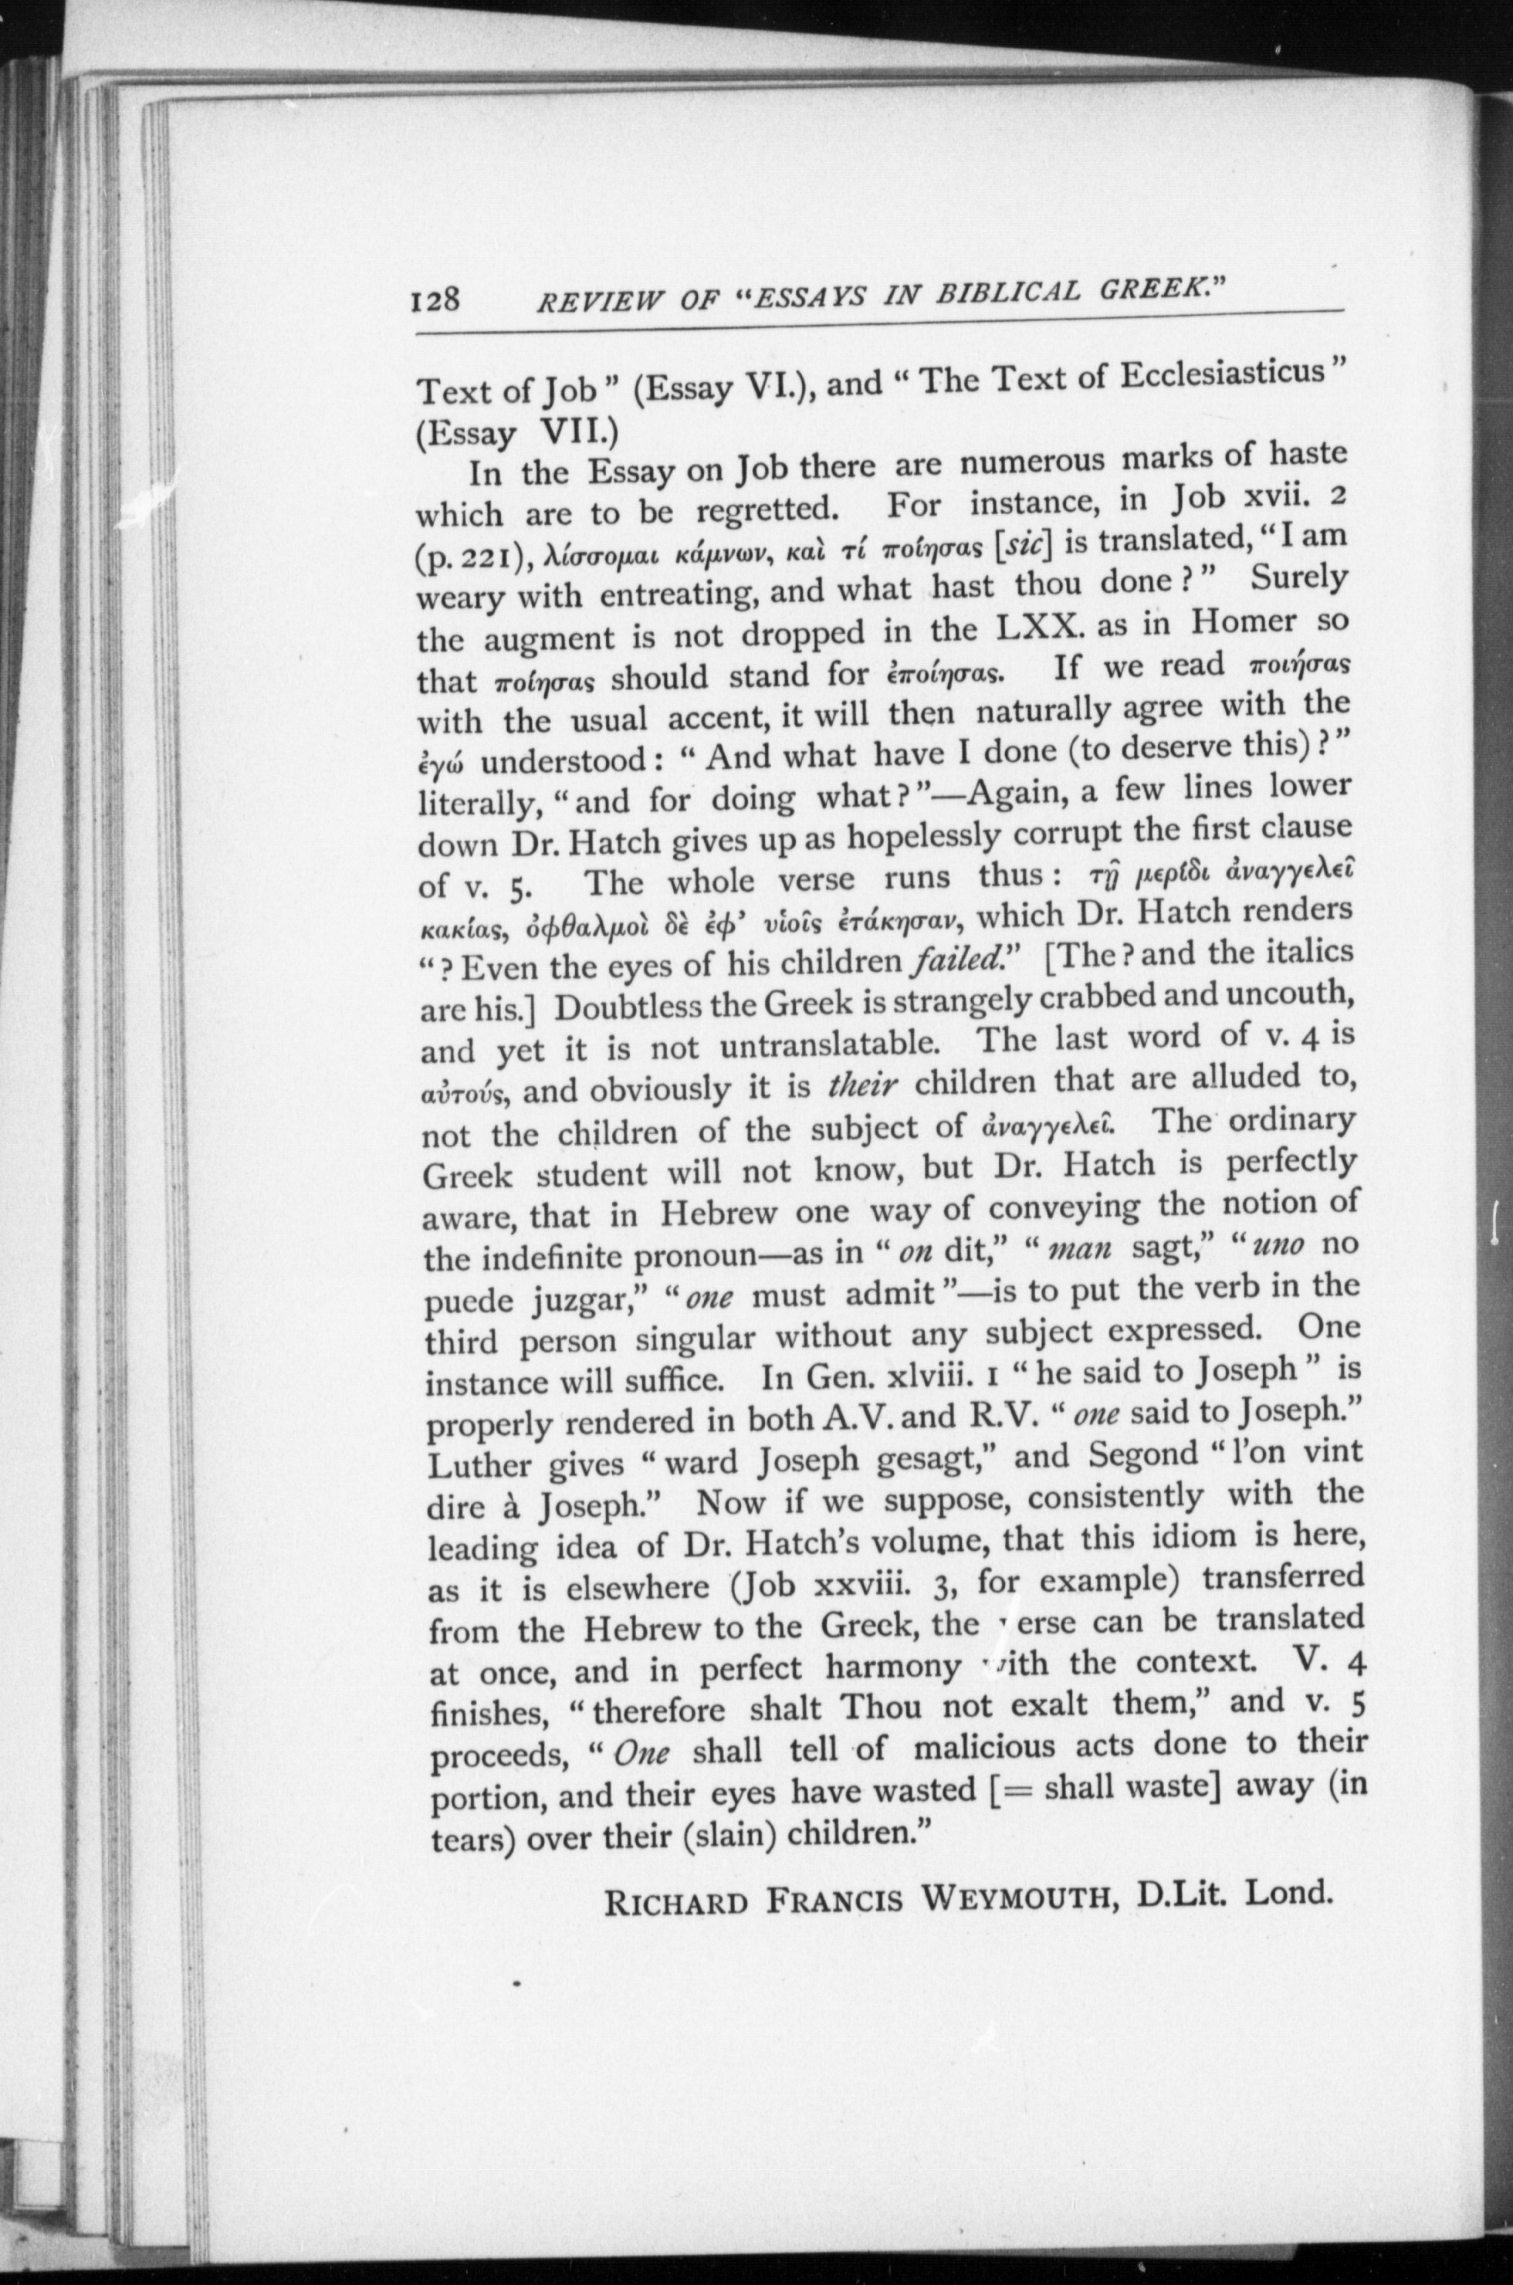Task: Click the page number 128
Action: pyautogui.click(x=438, y=301)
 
